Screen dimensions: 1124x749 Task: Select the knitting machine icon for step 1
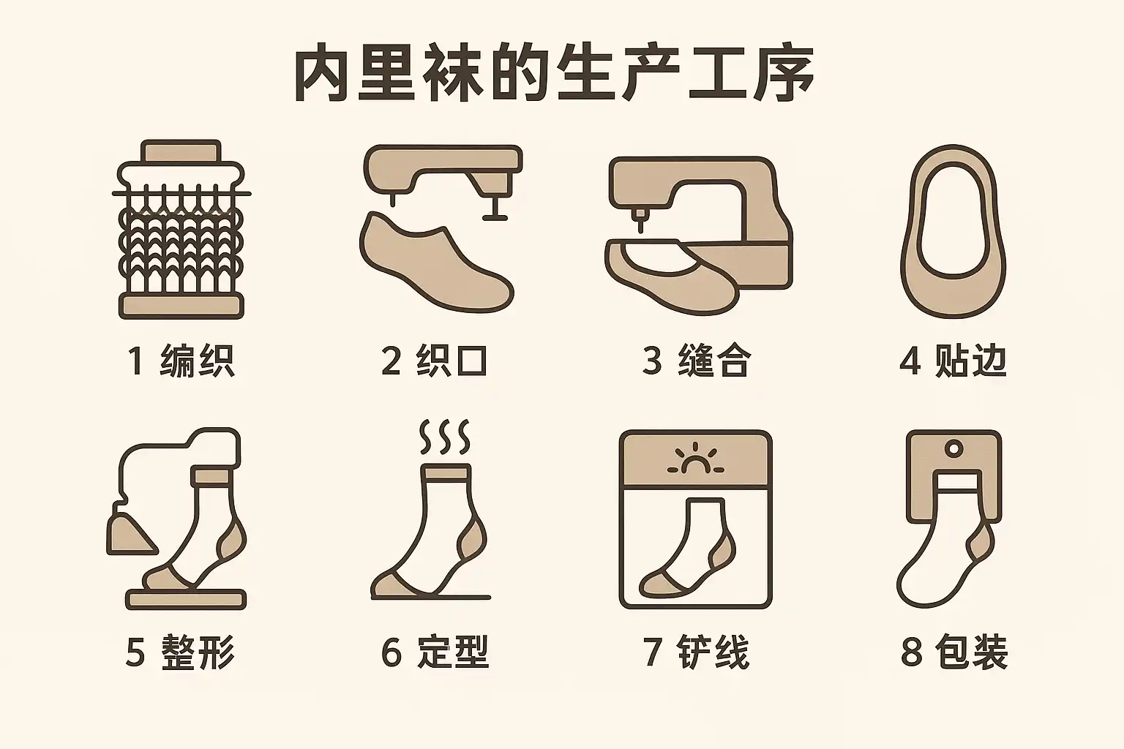(181, 229)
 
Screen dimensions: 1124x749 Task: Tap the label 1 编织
(181, 361)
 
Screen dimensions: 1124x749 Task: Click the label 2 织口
(435, 361)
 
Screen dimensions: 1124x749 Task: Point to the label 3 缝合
(697, 361)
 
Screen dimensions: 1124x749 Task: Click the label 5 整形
(180, 652)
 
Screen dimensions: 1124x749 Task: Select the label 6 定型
(435, 652)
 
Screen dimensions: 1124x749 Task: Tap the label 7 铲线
(697, 652)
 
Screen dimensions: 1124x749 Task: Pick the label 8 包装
(954, 652)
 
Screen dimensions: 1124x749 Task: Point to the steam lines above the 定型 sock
(445, 437)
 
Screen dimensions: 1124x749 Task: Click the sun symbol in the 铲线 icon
(695, 459)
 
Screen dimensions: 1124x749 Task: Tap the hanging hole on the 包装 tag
(954, 448)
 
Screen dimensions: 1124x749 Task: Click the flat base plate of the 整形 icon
(186, 600)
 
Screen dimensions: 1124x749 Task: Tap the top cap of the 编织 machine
(181, 151)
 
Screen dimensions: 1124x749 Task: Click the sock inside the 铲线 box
(687, 548)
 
